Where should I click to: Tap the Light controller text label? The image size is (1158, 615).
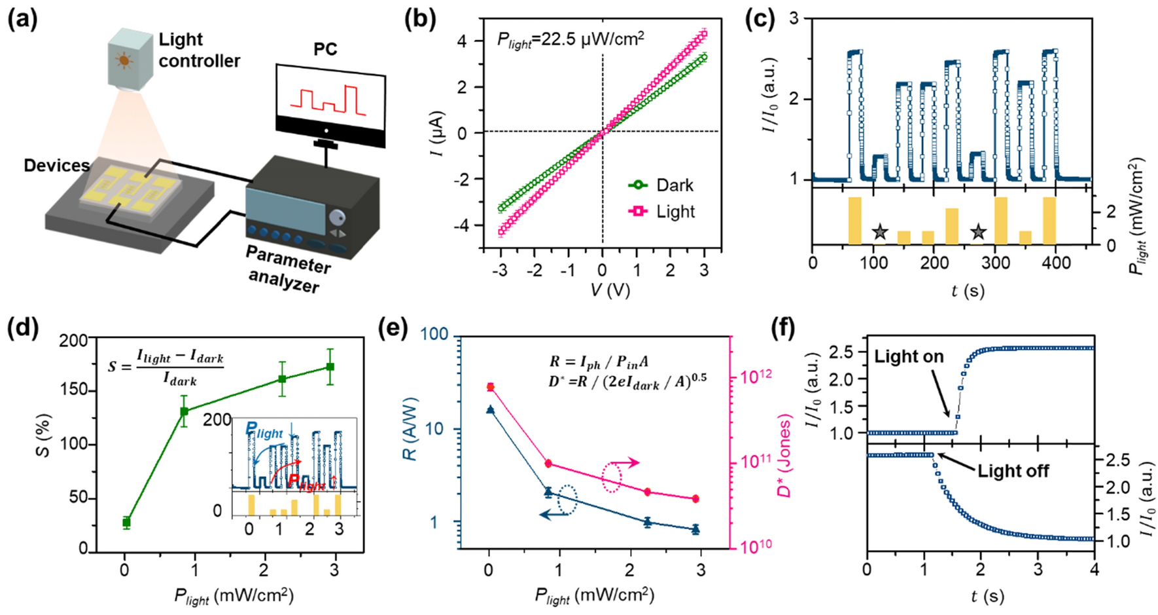(199, 50)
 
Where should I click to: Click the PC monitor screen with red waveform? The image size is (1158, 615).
(328, 96)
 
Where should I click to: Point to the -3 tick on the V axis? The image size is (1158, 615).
(500, 270)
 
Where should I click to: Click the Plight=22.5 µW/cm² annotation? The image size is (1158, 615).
(570, 40)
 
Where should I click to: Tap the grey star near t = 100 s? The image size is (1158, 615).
(880, 231)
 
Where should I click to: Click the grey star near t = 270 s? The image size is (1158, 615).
(977, 231)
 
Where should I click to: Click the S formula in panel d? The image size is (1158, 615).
(166, 367)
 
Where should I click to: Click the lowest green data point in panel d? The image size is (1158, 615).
(126, 522)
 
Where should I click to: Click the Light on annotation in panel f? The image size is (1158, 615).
(909, 357)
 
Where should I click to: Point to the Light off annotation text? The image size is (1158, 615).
(1013, 471)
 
